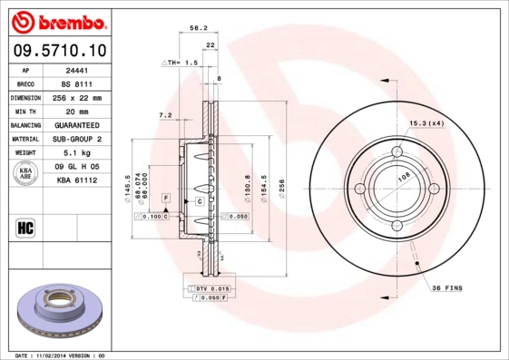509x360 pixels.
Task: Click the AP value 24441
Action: pos(75,69)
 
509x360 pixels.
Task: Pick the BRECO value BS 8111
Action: pos(75,83)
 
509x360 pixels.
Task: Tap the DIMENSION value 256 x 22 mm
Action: pos(75,97)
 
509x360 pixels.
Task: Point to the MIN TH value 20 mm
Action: pos(75,111)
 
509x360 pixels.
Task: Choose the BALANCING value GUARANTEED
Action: pos(75,124)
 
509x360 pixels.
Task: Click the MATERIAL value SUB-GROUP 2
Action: pos(75,139)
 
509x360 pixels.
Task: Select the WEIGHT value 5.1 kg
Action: pos(75,153)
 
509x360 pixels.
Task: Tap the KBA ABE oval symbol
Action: pos(27,174)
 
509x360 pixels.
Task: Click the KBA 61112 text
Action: pos(75,180)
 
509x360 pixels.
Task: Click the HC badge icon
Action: pos(25,227)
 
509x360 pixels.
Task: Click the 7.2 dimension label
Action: pos(165,115)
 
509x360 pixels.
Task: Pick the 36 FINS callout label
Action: pos(446,287)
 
